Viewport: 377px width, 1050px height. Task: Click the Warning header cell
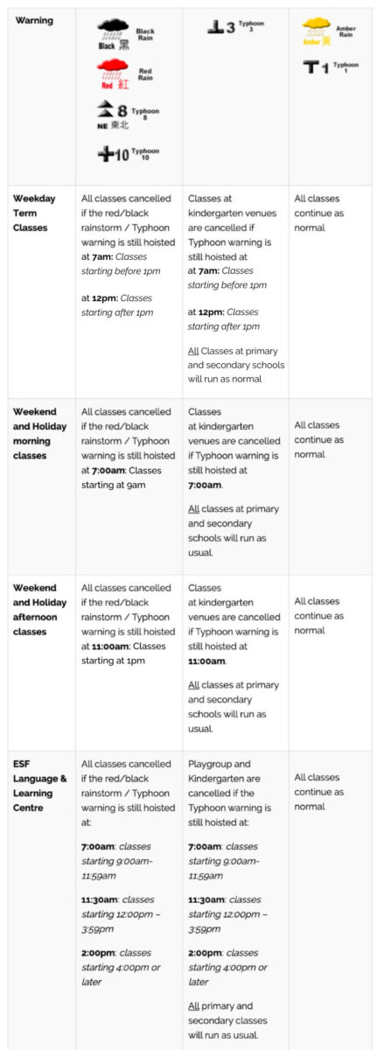34,21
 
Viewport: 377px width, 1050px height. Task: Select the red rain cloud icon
112,69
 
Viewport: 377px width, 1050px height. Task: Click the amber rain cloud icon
316,27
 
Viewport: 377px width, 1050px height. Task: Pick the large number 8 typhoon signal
122,110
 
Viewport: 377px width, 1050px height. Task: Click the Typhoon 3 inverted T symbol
215,27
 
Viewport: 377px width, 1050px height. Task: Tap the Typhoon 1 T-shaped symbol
311,67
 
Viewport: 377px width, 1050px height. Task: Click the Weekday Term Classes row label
34,213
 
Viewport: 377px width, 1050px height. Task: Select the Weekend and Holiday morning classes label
40,434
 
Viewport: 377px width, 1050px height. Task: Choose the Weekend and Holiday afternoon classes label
40,609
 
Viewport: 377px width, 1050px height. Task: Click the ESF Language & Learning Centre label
40,786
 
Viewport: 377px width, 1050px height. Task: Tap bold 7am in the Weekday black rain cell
102,257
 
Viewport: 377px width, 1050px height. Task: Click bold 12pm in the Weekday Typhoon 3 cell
210,312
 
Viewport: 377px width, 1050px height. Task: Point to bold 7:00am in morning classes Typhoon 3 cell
205,485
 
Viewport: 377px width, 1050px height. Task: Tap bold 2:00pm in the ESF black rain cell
98,953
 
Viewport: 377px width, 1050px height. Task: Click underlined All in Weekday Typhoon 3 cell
193,351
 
